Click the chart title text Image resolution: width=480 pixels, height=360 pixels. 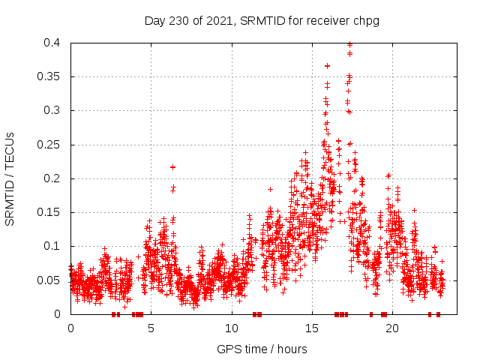(262, 21)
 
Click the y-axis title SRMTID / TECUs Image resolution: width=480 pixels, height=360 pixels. (10, 178)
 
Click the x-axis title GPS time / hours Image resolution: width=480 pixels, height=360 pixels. (262, 349)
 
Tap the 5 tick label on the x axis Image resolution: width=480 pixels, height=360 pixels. (151, 328)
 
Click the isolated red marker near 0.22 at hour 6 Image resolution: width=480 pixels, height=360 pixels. (172, 167)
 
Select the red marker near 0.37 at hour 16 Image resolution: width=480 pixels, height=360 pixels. (327, 66)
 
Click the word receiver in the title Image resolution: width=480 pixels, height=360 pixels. (328, 21)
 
